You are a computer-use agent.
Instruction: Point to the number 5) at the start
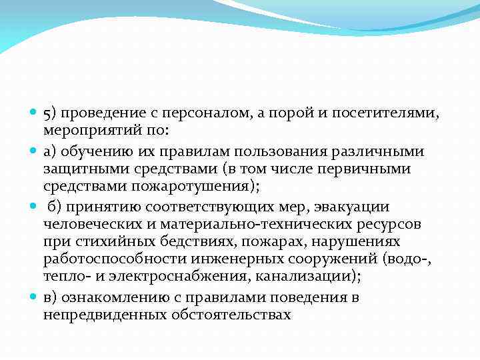click(x=51, y=114)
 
